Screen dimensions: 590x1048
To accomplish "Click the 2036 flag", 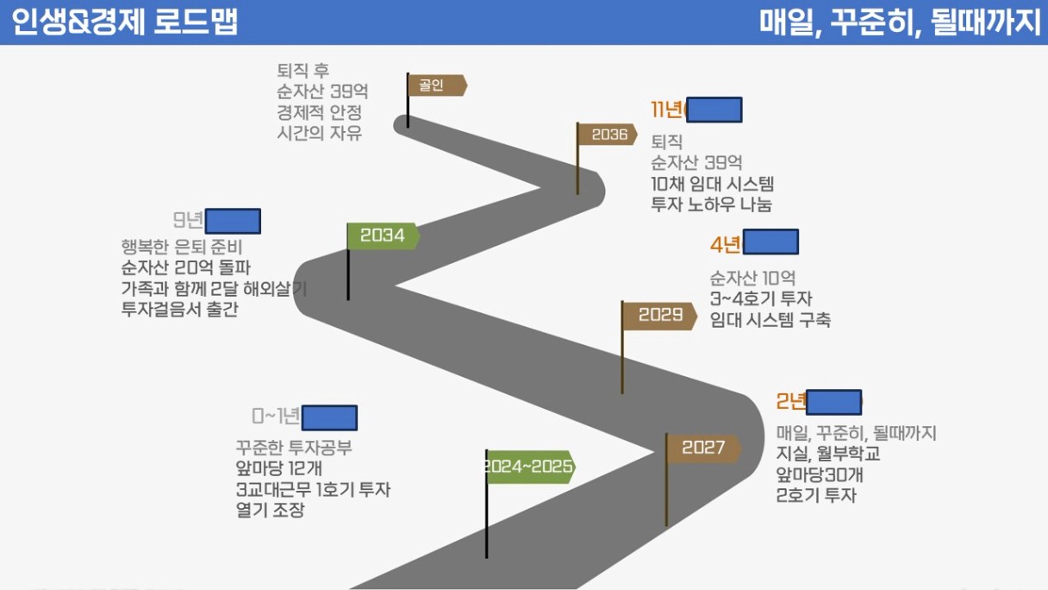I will pyautogui.click(x=608, y=135).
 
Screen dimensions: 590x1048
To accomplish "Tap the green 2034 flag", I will pyautogui.click(x=383, y=235).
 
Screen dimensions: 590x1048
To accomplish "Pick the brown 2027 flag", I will pyautogui.click(x=703, y=448).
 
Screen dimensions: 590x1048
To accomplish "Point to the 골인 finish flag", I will pyautogui.click(x=437, y=85).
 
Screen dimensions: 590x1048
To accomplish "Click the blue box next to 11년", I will pyautogui.click(x=714, y=110).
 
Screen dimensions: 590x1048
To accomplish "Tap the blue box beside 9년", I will pyautogui.click(x=233, y=221).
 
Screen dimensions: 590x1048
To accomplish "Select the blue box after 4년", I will pyautogui.click(x=770, y=242).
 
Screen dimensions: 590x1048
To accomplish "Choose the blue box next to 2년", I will pyautogui.click(x=833, y=402).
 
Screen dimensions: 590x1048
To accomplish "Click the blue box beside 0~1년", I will pyautogui.click(x=329, y=418).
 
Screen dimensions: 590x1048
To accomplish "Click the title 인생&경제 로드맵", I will pyautogui.click(x=126, y=22).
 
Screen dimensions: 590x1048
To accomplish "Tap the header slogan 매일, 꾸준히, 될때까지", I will pyautogui.click(x=901, y=22).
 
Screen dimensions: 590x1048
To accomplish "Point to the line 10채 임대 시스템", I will pyautogui.click(x=713, y=184).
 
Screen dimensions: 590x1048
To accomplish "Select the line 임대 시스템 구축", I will pyautogui.click(x=770, y=320).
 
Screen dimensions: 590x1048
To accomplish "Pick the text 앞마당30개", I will pyautogui.click(x=820, y=475).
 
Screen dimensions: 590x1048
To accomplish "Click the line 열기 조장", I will pyautogui.click(x=270, y=510).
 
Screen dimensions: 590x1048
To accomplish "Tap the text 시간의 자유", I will pyautogui.click(x=319, y=133).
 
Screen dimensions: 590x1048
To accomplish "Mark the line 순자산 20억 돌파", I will pyautogui.click(x=187, y=267).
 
